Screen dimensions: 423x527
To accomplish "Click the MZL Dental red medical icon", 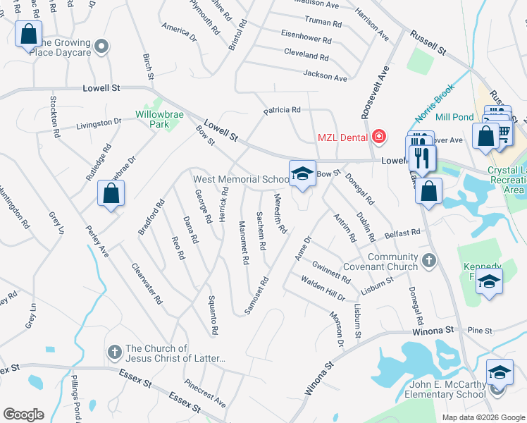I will (380, 135).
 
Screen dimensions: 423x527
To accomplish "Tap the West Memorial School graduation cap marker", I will (302, 173).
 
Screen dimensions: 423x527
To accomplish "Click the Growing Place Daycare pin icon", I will (101, 47).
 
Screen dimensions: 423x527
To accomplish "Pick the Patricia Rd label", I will (282, 110).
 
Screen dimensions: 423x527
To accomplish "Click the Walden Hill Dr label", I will (323, 289).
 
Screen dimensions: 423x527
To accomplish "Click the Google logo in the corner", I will (23, 415).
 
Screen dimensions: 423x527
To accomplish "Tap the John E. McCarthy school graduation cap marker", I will (500, 372).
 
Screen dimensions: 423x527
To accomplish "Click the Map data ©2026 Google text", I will (483, 417).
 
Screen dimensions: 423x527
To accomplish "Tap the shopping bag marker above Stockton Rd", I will (28, 33).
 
